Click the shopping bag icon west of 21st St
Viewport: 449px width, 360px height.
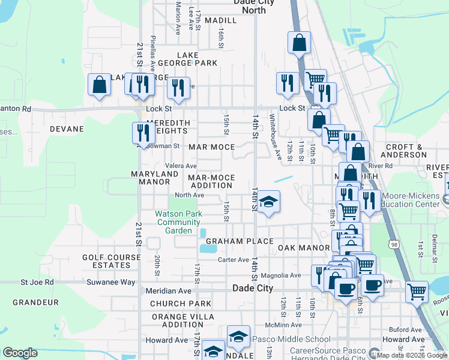coord(100,85)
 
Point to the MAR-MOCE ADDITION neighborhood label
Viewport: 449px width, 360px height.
coord(210,182)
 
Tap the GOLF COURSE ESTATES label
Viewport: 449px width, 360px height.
coord(107,261)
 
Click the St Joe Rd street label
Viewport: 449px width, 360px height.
coord(37,281)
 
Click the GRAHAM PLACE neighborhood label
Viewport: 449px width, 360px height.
coord(231,241)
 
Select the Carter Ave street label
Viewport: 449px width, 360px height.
coord(233,260)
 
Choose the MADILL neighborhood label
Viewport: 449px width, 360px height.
coord(220,20)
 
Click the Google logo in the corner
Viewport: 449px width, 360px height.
coord(20,353)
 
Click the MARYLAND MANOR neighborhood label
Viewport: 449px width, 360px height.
coord(155,178)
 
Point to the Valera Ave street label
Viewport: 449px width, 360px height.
coord(182,166)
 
